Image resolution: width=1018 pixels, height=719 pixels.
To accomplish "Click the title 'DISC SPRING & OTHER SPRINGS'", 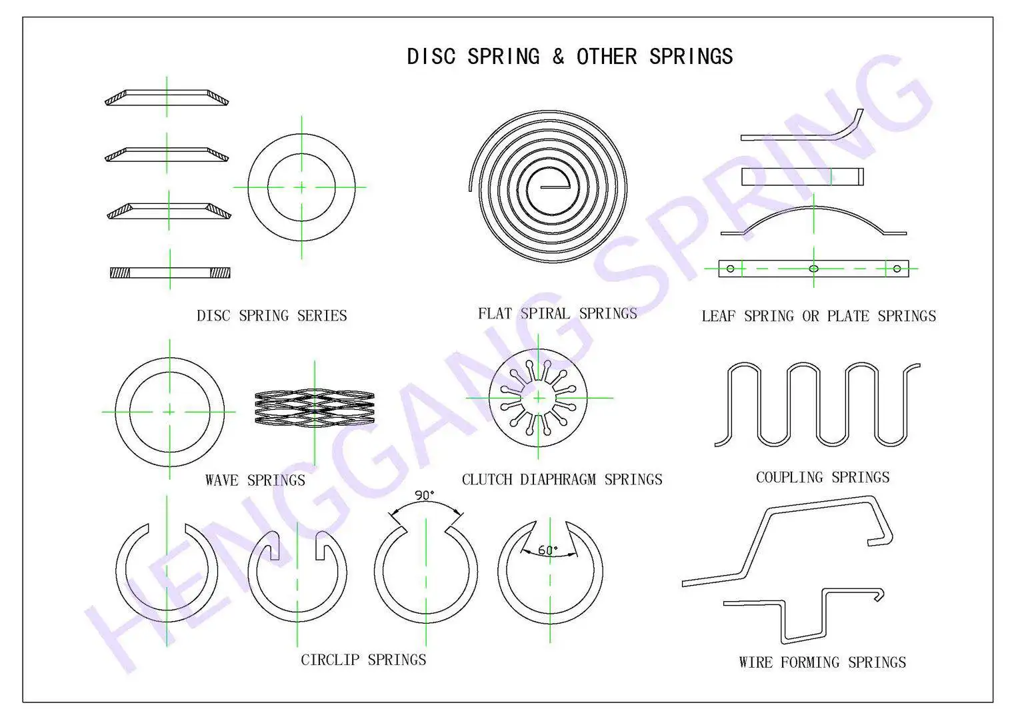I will pos(569,57).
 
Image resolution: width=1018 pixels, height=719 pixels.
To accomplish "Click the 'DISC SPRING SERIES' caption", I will pos(271,316).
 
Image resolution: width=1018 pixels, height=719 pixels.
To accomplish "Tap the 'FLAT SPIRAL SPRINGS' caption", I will pos(557,314).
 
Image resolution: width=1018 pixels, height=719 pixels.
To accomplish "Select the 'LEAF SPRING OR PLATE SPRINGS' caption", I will pos(818,317).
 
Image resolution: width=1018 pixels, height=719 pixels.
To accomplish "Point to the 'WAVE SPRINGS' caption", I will pos(255,480).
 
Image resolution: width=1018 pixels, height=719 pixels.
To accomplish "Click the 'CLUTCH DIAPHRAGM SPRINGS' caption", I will pos(561,480).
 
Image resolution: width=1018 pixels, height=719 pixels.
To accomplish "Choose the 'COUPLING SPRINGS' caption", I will pos(822,478).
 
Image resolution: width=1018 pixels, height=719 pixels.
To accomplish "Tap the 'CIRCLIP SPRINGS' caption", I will pos(363,660).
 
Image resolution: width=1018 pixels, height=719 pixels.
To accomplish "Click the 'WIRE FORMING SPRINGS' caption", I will pos(822,662).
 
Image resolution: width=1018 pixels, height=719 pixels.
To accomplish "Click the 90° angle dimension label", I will pos(424,495).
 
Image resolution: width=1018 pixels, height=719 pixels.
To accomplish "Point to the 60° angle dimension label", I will pos(547,550).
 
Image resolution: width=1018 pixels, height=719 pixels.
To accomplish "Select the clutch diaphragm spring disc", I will pos(538,398).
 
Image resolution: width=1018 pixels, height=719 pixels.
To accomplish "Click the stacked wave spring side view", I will pos(314,408).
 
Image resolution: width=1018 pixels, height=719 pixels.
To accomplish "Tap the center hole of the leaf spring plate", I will pos(813,269).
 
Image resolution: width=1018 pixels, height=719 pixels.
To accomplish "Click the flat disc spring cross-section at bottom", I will pos(170,273).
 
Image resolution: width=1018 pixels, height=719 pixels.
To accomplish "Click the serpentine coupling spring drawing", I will pos(817,404).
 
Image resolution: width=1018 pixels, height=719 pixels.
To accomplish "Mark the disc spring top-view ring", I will pos(301,187).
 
